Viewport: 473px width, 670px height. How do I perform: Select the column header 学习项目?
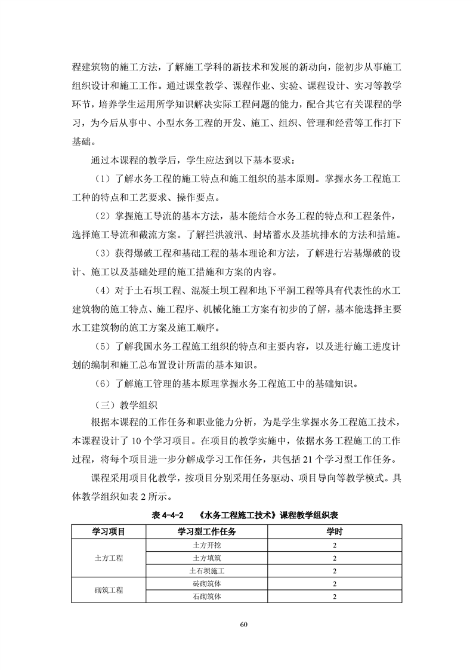pyautogui.click(x=108, y=531)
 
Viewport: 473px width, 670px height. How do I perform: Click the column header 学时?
pyautogui.click(x=335, y=531)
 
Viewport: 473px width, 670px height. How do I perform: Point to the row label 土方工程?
pyautogui.click(x=108, y=558)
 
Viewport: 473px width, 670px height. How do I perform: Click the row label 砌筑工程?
pyautogui.click(x=108, y=590)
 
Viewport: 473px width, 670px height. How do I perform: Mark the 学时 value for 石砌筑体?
pyautogui.click(x=335, y=596)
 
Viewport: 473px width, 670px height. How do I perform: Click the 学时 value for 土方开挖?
pyautogui.click(x=335, y=545)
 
